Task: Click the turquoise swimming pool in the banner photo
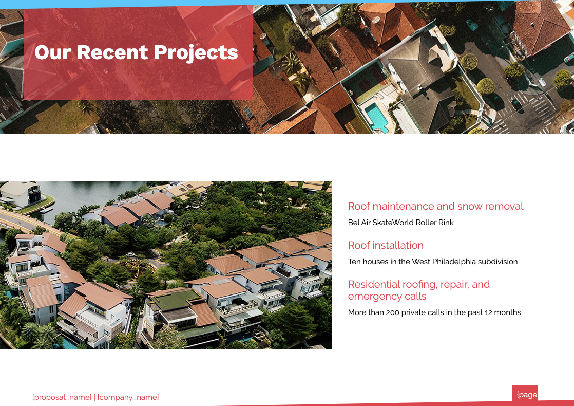point(377,117)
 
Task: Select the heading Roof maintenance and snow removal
point(435,206)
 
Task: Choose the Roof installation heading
point(386,245)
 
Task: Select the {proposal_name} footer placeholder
point(62,397)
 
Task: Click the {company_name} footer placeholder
point(128,397)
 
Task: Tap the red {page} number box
point(525,394)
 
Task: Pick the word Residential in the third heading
point(374,284)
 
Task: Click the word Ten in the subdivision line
point(354,262)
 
